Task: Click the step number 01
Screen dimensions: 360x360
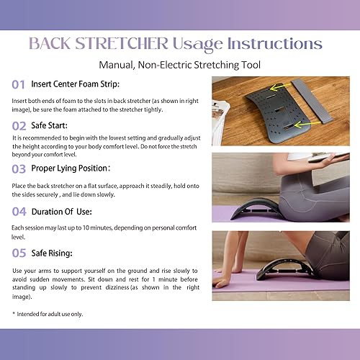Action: coord(19,85)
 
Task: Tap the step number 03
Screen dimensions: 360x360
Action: coord(19,168)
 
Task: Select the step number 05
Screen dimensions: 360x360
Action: coord(19,253)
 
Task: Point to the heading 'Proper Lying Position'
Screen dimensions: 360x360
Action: coord(71,168)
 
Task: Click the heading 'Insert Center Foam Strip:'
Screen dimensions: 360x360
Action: coord(79,85)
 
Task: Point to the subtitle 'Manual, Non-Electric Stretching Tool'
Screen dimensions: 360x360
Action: coord(179,65)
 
